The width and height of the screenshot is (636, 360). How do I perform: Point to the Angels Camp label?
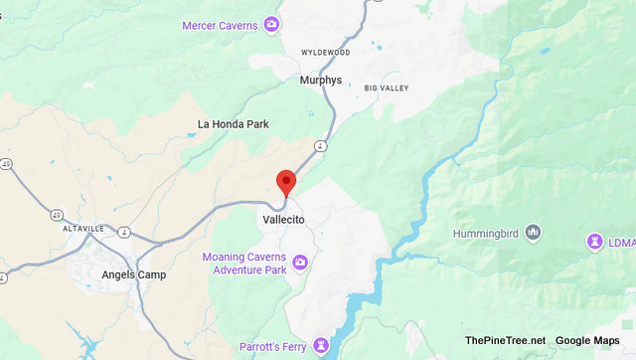pyautogui.click(x=133, y=274)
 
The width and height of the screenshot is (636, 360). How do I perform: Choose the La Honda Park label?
pyautogui.click(x=233, y=124)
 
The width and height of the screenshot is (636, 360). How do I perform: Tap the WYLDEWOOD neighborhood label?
pyautogui.click(x=327, y=51)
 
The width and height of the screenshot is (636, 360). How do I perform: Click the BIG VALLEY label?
pyautogui.click(x=388, y=89)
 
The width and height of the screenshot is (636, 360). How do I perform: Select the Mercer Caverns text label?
pyautogui.click(x=222, y=24)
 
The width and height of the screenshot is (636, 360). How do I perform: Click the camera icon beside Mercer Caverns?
pyautogui.click(x=271, y=24)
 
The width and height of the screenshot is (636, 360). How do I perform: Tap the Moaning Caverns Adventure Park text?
pyautogui.click(x=244, y=263)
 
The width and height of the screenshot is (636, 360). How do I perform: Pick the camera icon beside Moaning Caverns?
pyautogui.click(x=299, y=263)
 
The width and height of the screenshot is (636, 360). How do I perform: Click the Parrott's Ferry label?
pyautogui.click(x=273, y=347)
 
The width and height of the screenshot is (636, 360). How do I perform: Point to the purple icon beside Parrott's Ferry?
pyautogui.click(x=320, y=346)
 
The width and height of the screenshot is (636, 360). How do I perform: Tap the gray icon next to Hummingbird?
pyautogui.click(x=534, y=233)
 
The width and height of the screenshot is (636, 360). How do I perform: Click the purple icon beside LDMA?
pyautogui.click(x=595, y=242)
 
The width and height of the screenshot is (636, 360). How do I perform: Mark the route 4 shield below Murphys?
pyautogui.click(x=320, y=146)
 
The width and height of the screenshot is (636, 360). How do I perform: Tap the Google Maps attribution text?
pyautogui.click(x=587, y=341)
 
